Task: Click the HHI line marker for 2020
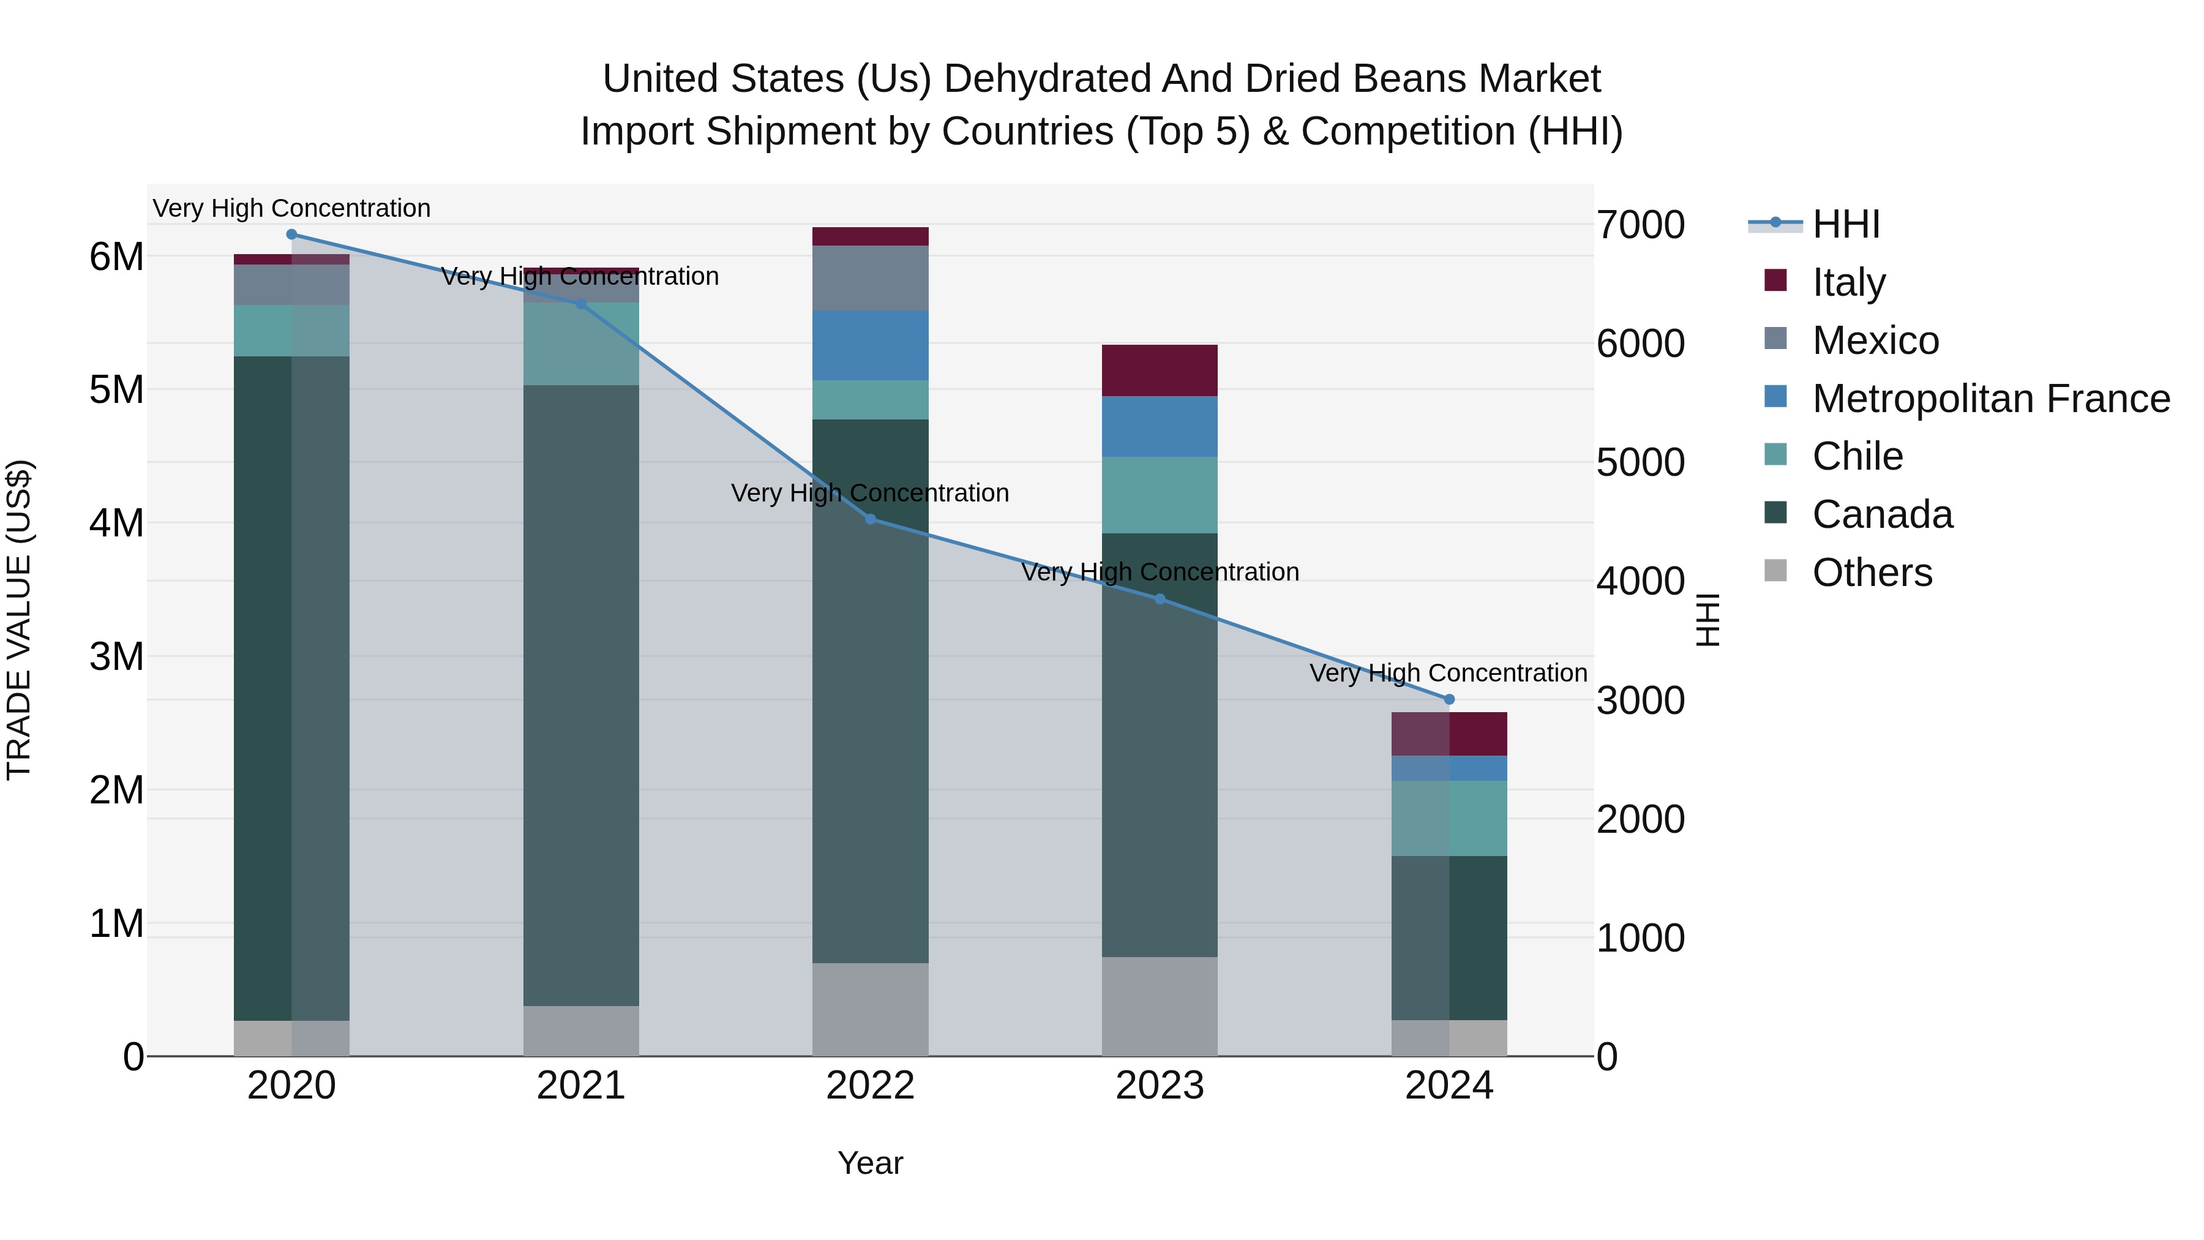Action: click(x=292, y=235)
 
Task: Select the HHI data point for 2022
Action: click(x=870, y=519)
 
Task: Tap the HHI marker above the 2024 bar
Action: click(x=1449, y=700)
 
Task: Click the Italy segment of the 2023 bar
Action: click(x=1160, y=370)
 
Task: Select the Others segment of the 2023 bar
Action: click(x=1160, y=1006)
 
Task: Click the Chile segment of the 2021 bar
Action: click(x=581, y=344)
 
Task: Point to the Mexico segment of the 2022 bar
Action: click(x=870, y=278)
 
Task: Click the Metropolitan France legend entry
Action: click(x=1990, y=399)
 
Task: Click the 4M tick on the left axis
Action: click(x=116, y=523)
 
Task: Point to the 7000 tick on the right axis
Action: click(x=1640, y=225)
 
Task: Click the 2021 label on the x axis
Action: click(x=581, y=1086)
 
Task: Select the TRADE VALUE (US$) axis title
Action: click(x=19, y=620)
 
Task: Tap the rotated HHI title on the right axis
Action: click(x=1707, y=620)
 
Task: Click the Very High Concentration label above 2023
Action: click(x=1160, y=572)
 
